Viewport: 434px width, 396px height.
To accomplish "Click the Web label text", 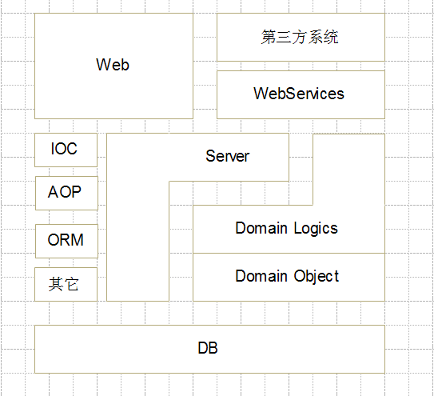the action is pos(113,65).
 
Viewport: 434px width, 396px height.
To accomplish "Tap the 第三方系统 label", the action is pos(300,37).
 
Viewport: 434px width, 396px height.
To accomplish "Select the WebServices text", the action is pos(299,94).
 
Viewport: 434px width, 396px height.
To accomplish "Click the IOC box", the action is pos(66,150).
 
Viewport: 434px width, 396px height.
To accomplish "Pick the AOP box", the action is pos(66,193).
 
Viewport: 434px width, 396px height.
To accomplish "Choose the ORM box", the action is pos(66,241).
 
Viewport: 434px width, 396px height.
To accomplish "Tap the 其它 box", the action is pos(66,284).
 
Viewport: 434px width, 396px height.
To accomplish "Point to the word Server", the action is pos(228,156).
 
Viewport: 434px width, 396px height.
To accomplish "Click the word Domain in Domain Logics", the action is pos(261,228).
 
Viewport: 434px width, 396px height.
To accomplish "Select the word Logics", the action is pos(316,228).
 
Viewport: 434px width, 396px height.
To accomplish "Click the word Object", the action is pos(317,276).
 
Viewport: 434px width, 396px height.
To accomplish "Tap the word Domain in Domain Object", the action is pos(261,276).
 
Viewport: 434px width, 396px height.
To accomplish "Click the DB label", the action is pos(208,348).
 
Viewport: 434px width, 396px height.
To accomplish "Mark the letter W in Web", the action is pos(102,65).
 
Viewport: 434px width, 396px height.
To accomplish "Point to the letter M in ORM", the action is pos(78,240).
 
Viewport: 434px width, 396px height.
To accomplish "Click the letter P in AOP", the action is pos(77,191).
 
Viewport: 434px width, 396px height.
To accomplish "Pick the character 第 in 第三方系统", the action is pos(269,37).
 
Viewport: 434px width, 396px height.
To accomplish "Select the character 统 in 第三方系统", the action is pos(332,37).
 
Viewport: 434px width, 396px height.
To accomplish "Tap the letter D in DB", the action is pos(203,348).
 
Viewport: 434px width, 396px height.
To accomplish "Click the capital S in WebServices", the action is pos(289,94).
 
